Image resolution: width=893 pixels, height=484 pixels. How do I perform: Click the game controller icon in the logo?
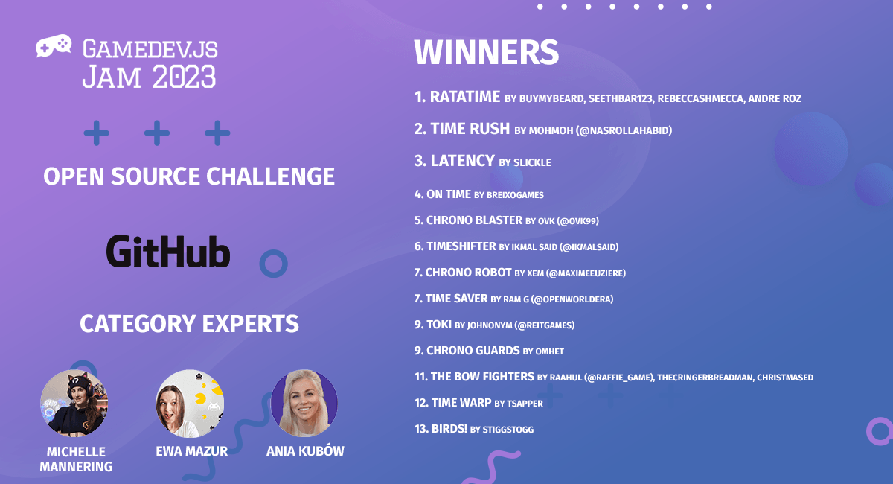click(x=54, y=46)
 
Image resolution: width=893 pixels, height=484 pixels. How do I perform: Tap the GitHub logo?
click(x=168, y=251)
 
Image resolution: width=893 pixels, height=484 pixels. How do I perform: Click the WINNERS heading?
click(x=487, y=52)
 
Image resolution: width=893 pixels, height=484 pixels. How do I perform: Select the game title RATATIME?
click(x=465, y=97)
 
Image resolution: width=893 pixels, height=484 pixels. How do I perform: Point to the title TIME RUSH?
click(x=470, y=129)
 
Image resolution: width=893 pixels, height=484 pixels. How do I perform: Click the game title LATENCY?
click(x=462, y=161)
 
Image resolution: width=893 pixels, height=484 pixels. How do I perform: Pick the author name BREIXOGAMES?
click(x=515, y=195)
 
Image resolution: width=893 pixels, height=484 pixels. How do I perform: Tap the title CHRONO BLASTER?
click(x=475, y=220)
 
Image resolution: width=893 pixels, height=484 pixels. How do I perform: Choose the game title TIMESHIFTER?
click(x=461, y=246)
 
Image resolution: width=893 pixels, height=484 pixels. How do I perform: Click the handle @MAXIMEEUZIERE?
click(x=586, y=273)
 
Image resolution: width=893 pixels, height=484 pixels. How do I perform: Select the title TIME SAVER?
click(x=456, y=299)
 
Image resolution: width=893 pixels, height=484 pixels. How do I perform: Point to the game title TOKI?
click(x=439, y=325)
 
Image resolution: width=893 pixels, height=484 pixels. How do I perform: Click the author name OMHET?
click(x=550, y=351)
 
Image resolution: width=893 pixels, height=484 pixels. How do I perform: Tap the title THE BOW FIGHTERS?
click(x=482, y=377)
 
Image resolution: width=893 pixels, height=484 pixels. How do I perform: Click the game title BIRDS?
click(x=449, y=429)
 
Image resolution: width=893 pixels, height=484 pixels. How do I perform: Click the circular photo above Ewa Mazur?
click(x=190, y=403)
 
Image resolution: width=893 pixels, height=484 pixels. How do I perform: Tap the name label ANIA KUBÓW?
click(x=305, y=451)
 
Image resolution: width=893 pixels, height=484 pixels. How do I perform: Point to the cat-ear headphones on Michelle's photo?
click(x=79, y=383)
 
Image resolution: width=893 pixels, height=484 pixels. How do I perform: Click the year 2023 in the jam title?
click(x=185, y=77)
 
